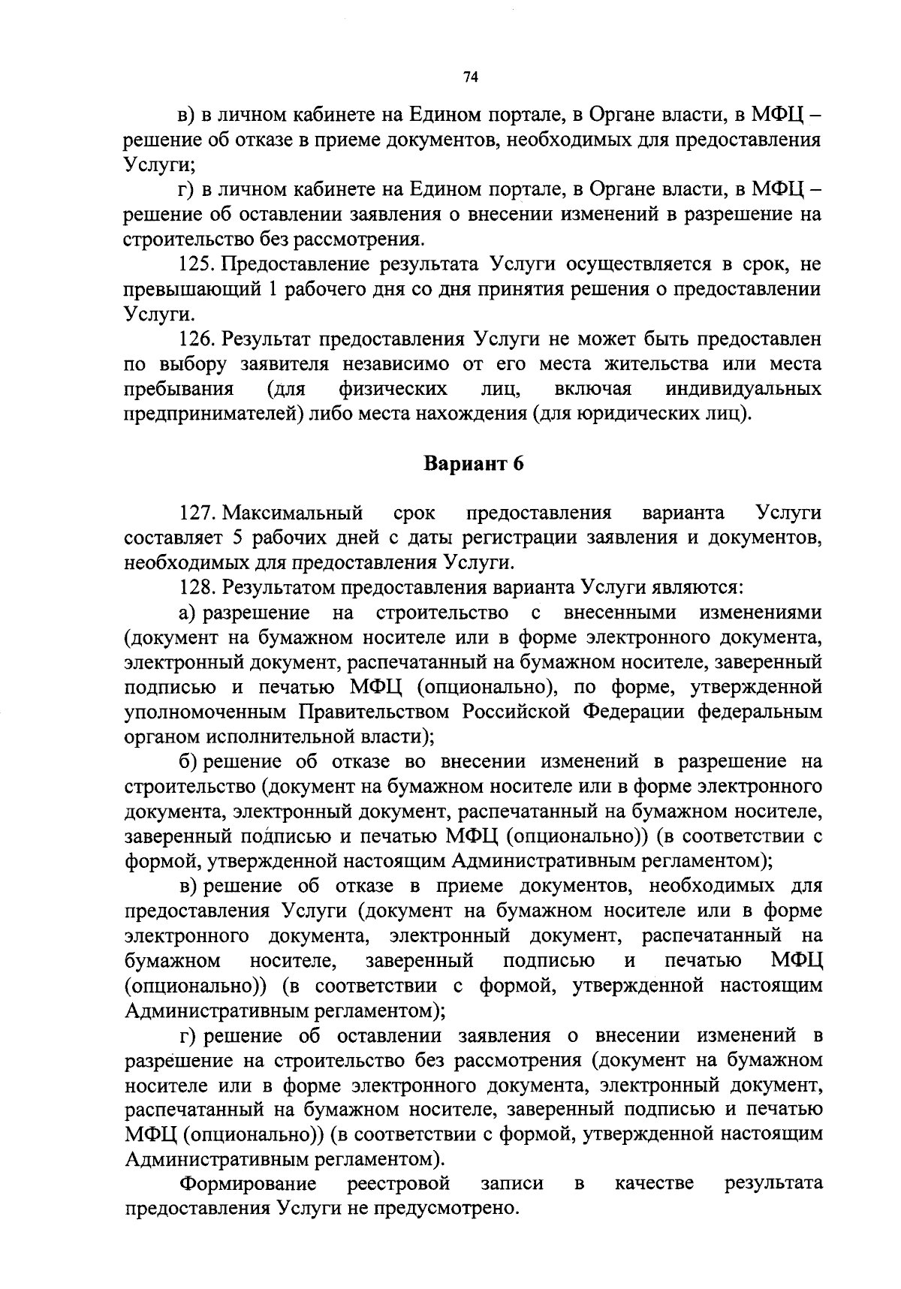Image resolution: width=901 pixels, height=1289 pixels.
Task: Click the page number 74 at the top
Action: pyautogui.click(x=472, y=77)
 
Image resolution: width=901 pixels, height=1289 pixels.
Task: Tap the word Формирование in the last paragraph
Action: pyautogui.click(x=248, y=1185)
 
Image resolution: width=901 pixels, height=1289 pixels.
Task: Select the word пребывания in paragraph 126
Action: pyautogui.click(x=178, y=389)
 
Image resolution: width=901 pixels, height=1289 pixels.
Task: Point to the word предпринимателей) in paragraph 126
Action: pyautogui.click(x=215, y=414)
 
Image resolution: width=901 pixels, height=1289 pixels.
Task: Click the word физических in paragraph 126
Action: pyautogui.click(x=393, y=389)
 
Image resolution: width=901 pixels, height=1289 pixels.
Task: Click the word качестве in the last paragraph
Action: pyautogui.click(x=654, y=1185)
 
